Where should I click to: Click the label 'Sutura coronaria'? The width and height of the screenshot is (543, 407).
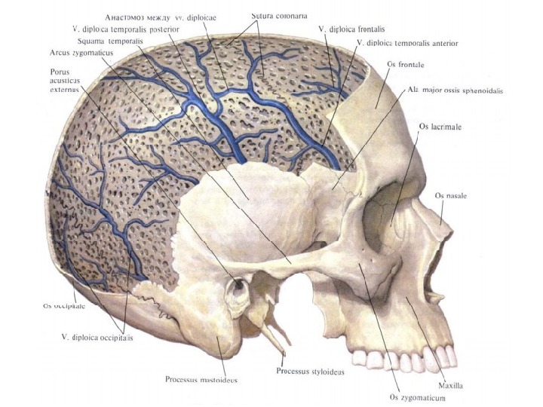tap(278, 16)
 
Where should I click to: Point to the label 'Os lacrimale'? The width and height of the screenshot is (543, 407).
tap(440, 127)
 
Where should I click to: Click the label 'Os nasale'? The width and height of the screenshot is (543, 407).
tap(451, 195)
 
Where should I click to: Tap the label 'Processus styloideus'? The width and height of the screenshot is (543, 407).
tap(310, 371)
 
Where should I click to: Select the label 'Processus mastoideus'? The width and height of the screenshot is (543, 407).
tap(201, 379)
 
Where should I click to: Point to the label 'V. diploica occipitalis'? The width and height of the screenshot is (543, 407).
tap(97, 337)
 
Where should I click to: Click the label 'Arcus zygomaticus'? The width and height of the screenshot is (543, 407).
tap(78, 54)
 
